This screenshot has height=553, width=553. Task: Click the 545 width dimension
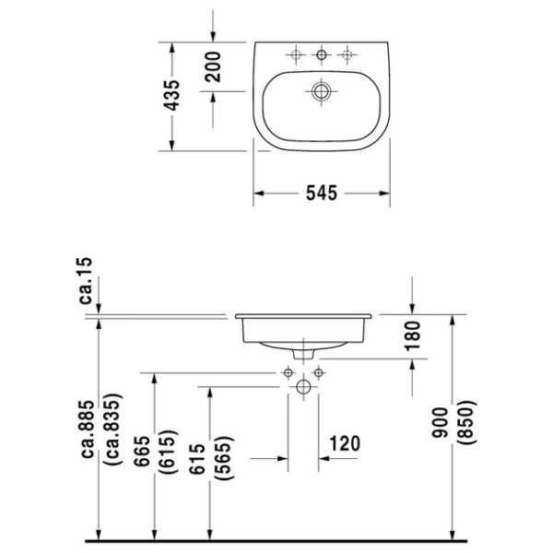coord(322,194)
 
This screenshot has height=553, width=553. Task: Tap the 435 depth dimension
coord(173,96)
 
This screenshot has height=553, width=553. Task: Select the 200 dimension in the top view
coord(213,66)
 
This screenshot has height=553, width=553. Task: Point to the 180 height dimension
coord(413,335)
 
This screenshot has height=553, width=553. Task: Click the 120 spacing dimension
coord(345,443)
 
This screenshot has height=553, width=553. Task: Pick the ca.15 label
coord(86,281)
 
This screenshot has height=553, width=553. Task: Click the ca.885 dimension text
coord(88,429)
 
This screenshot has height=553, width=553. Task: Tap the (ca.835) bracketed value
coord(114,429)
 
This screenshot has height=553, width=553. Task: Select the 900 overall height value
coord(440,423)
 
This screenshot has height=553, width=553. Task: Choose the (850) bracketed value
coord(466,423)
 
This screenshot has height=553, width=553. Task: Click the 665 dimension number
coord(143,452)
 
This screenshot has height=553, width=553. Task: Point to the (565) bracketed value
coord(225,458)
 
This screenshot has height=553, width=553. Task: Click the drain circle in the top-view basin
coord(322,91)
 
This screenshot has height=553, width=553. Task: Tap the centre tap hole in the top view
coord(322,54)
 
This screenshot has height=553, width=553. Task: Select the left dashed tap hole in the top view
coord(296,54)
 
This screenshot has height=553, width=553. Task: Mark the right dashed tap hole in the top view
coord(347,54)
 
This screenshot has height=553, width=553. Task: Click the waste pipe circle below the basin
coord(303,387)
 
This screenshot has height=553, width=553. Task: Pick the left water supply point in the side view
coord(288,372)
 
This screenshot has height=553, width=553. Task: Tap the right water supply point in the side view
coord(319,372)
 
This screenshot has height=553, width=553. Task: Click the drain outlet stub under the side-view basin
coord(303,354)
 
